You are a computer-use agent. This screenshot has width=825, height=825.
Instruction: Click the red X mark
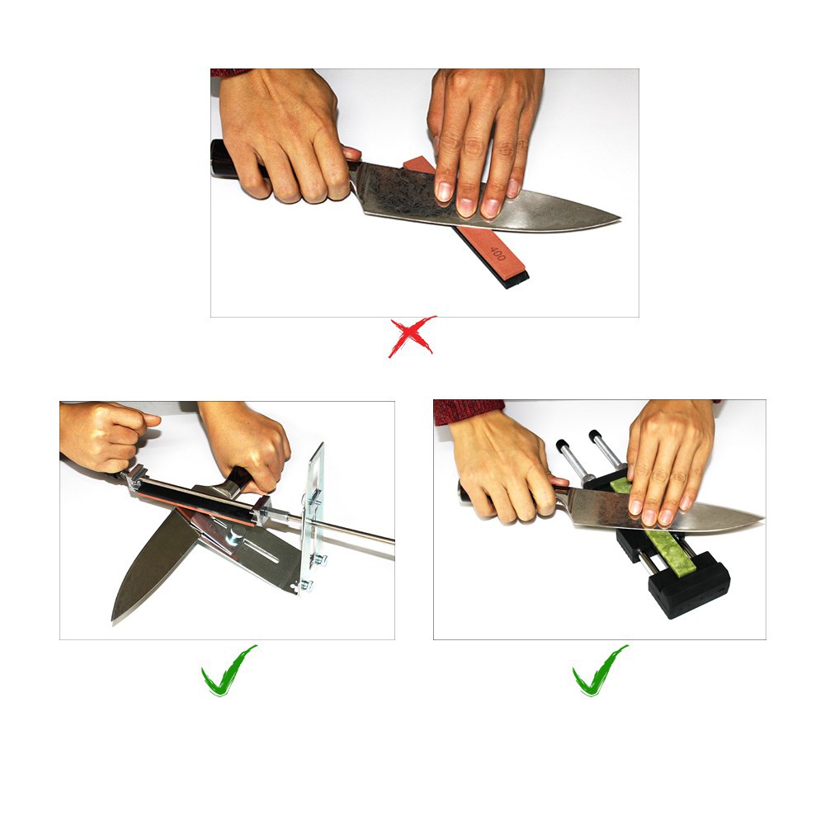tap(412, 337)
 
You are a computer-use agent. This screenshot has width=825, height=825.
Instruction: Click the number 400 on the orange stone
tap(497, 253)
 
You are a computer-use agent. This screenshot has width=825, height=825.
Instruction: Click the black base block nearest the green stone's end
tap(689, 584)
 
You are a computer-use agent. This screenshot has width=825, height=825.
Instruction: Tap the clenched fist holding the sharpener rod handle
tap(106, 436)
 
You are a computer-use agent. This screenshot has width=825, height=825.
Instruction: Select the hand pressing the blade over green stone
tap(668, 463)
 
